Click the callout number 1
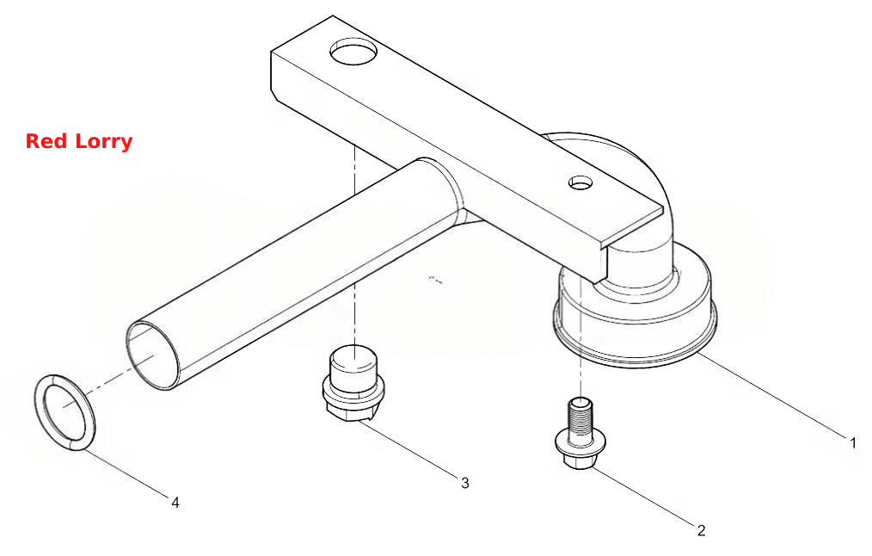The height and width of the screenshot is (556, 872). (853, 443)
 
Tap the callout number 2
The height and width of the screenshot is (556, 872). (701, 530)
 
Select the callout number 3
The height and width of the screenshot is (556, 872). (465, 483)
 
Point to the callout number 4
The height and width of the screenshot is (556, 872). (175, 503)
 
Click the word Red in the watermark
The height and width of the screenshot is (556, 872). (46, 141)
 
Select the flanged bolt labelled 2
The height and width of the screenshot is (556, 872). (580, 433)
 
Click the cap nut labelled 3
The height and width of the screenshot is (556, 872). (353, 383)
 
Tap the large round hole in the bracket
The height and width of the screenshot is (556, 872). (353, 52)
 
